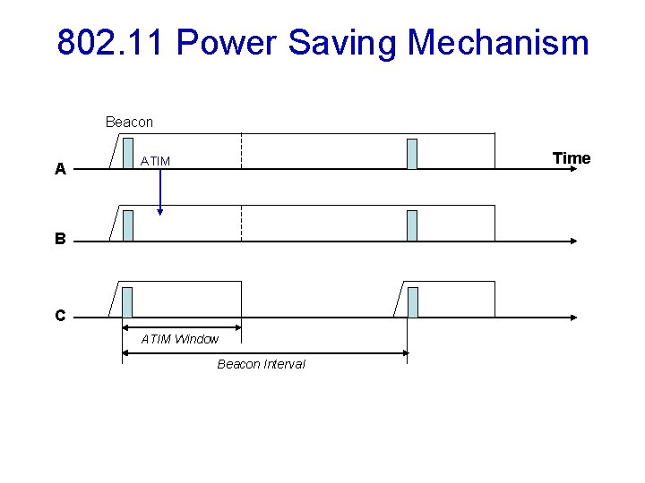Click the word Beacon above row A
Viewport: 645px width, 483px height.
click(129, 122)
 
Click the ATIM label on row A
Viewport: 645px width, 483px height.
click(155, 161)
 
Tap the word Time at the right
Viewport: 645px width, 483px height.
click(572, 158)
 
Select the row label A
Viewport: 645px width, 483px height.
click(60, 169)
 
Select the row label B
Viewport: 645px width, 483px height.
click(60, 240)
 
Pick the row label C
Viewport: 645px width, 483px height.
click(60, 316)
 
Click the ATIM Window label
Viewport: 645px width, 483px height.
click(180, 339)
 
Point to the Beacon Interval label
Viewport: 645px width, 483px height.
click(261, 364)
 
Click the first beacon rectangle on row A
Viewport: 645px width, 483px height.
click(128, 154)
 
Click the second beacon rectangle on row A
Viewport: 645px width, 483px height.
click(412, 154)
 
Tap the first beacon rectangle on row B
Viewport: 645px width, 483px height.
click(128, 225)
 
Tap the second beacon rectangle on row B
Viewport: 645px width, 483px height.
click(412, 225)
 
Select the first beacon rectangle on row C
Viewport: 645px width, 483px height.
click(127, 302)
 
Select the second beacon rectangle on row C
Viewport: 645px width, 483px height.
click(413, 302)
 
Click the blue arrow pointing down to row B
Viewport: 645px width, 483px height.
click(159, 192)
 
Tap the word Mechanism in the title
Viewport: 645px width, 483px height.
click(498, 42)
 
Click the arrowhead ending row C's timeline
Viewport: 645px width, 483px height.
click(573, 318)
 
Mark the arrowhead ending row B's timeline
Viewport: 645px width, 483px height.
click(573, 241)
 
